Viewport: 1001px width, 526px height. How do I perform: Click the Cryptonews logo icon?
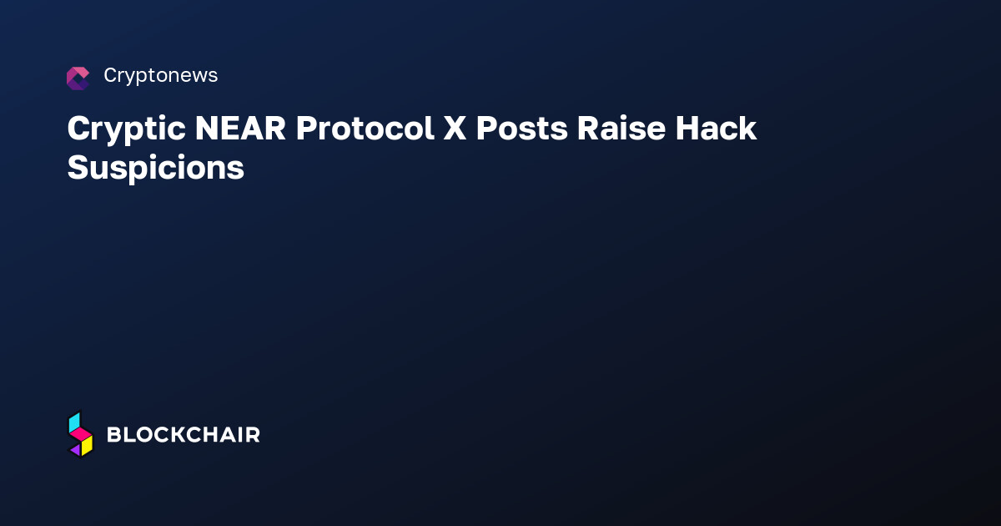pyautogui.click(x=78, y=78)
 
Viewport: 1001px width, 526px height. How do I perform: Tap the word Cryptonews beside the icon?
pyautogui.click(x=161, y=76)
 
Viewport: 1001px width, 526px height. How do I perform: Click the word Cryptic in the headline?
pyautogui.click(x=127, y=129)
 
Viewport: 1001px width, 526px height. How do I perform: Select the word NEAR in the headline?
pyautogui.click(x=240, y=129)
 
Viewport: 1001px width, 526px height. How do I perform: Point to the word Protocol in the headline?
pyautogui.click(x=365, y=129)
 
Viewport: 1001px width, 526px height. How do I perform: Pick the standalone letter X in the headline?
pyautogui.click(x=455, y=129)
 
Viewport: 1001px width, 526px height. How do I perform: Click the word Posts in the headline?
pyautogui.click(x=521, y=129)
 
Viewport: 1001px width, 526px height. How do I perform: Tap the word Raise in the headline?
pyautogui.click(x=621, y=129)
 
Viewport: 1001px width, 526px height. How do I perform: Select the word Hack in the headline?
pyautogui.click(x=716, y=129)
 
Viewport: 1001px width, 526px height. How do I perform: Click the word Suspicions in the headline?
pyautogui.click(x=156, y=168)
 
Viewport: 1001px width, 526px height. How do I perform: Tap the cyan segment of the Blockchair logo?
pyautogui.click(x=74, y=422)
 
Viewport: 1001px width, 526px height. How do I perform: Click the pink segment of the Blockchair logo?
pyautogui.click(x=81, y=433)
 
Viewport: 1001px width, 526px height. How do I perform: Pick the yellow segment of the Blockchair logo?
pyautogui.click(x=87, y=446)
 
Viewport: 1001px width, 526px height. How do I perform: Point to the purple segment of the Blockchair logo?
pyautogui.click(x=76, y=449)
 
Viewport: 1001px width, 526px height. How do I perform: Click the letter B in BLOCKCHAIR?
pyautogui.click(x=115, y=435)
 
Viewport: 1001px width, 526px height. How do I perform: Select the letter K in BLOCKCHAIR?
pyautogui.click(x=179, y=435)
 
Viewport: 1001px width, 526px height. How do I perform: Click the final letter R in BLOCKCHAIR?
pyautogui.click(x=253, y=435)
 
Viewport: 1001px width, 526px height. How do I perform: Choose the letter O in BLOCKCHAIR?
pyautogui.click(x=143, y=435)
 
